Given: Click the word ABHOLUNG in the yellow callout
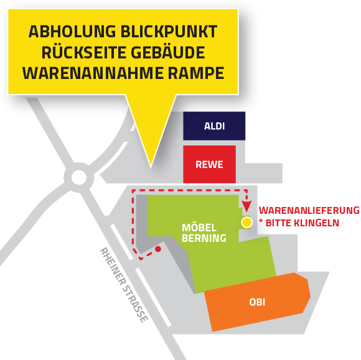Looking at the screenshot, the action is (72, 32).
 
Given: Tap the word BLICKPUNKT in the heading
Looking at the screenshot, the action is (169, 32).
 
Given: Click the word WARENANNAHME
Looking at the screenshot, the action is (93, 73).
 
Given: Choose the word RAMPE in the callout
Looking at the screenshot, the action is (196, 73).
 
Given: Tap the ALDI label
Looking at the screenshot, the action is (214, 126).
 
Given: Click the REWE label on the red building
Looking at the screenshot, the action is (209, 165).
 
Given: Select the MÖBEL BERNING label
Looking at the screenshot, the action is (204, 233).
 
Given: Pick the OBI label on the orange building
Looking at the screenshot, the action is (257, 302).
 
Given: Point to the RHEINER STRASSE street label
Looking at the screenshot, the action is (124, 285).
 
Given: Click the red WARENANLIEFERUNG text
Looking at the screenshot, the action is (309, 210).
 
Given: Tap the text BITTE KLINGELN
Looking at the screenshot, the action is (302, 223).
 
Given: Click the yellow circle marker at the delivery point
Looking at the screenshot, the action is (246, 223).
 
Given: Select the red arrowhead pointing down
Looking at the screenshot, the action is (246, 206).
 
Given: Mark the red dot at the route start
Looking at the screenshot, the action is (158, 249).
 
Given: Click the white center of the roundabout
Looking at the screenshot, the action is (79, 177).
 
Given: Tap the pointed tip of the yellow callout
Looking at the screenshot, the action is (151, 167).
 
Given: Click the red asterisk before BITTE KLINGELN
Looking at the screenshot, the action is (261, 221).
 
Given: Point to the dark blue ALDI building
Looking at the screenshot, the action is (214, 126).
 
